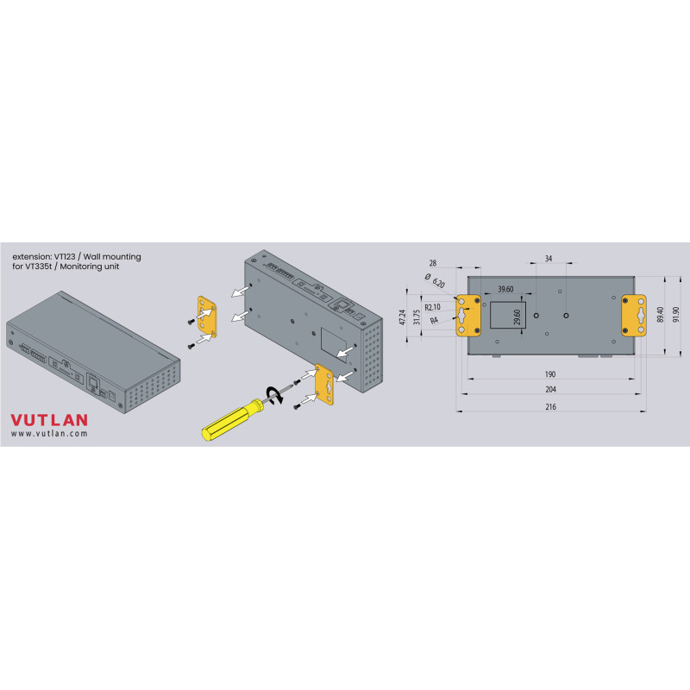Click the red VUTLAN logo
coord(49,420)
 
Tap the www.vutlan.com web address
coord(49,434)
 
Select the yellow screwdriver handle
coord(232,419)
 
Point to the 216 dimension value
coord(550,407)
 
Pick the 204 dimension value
coord(550,390)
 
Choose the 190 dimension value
coord(550,374)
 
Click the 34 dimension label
coord(549,258)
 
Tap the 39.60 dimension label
coord(505,289)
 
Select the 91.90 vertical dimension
coord(676,314)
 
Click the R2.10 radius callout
coord(433,307)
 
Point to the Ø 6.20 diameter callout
coord(435,280)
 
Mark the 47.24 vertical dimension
coord(402,317)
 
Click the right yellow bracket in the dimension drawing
coord(634,316)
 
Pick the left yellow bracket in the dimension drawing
coord(468,316)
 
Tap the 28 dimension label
coord(433,263)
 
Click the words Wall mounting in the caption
coord(112,257)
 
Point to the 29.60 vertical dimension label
coord(517,317)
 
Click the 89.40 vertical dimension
coord(660,315)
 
